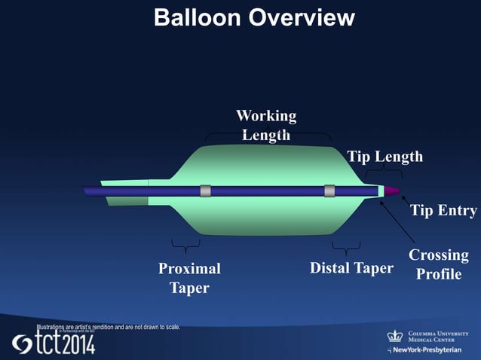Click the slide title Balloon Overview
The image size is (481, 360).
(254, 18)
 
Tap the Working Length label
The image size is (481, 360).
(266, 125)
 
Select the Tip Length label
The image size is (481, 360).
(384, 157)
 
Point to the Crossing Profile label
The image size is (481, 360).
(439, 264)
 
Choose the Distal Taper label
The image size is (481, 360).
(351, 268)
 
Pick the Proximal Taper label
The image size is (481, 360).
(189, 278)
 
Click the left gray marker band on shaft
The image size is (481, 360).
(205, 191)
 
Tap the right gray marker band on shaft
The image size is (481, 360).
(329, 191)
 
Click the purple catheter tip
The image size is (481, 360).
(393, 191)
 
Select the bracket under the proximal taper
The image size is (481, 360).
(185, 246)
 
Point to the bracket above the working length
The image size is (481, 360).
(268, 138)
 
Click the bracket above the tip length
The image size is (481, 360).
(384, 175)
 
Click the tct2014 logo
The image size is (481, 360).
(54, 343)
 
